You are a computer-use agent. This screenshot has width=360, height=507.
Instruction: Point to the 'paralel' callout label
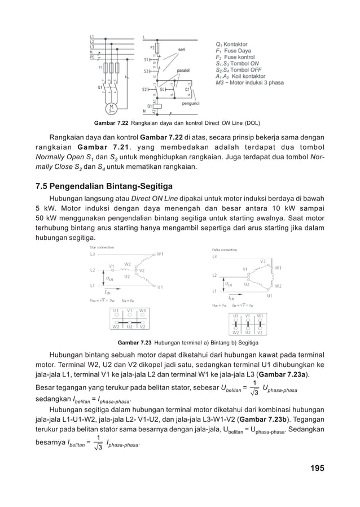click(183, 70)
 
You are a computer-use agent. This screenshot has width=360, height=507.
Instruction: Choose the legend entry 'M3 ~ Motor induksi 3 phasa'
click(250, 82)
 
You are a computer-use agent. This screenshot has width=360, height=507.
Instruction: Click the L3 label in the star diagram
click(93, 255)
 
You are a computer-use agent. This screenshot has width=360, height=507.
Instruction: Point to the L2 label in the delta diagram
click(214, 275)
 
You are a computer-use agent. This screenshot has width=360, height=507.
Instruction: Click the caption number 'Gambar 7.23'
click(134, 342)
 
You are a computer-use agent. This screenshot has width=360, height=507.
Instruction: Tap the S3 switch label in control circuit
click(147, 71)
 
